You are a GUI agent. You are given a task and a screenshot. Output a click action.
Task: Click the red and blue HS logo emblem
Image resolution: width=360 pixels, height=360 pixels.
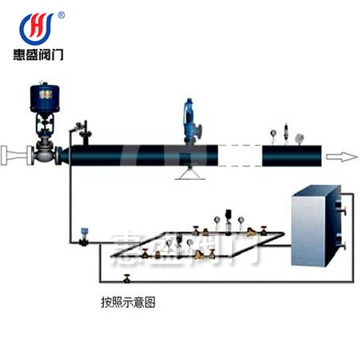(x=37, y=29)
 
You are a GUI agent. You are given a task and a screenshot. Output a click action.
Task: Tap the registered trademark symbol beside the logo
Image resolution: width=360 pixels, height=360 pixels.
(x=61, y=15)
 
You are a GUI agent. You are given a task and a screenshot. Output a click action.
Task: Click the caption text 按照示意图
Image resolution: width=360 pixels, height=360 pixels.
(x=128, y=302)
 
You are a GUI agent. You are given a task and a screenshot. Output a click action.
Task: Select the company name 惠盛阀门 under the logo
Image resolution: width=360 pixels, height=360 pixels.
(x=38, y=54)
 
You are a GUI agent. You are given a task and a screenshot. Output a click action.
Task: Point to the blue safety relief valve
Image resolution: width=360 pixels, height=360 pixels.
(x=191, y=122)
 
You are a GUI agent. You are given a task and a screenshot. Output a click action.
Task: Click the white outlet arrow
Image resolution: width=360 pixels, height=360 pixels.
(x=342, y=157)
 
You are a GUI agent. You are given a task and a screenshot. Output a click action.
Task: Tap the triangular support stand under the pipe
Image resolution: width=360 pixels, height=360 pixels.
(x=190, y=173)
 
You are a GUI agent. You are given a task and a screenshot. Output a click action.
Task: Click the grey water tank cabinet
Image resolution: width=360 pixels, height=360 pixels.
(x=316, y=226)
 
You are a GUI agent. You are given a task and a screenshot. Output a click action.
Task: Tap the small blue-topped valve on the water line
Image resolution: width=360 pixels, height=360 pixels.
(x=84, y=237)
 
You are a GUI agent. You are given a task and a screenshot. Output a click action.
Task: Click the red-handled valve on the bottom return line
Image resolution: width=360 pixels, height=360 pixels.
(x=127, y=278)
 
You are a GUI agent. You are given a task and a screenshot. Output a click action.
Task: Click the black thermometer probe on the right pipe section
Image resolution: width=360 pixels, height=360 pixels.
(x=286, y=134)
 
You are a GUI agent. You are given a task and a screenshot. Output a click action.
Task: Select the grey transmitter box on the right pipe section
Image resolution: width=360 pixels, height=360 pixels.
(x=300, y=138)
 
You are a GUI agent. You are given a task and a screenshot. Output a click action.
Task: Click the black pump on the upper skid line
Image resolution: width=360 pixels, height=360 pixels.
(x=228, y=222)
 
